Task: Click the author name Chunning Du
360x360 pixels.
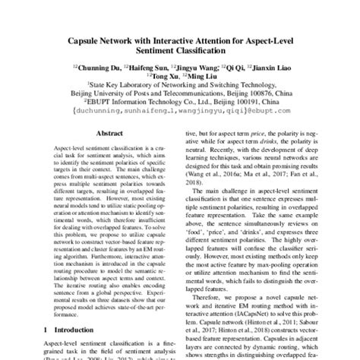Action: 101,67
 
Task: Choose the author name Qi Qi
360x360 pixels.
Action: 241,67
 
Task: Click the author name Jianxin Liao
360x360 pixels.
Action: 276,67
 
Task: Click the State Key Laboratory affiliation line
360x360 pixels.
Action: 179,87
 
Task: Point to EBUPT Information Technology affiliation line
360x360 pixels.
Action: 179,107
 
